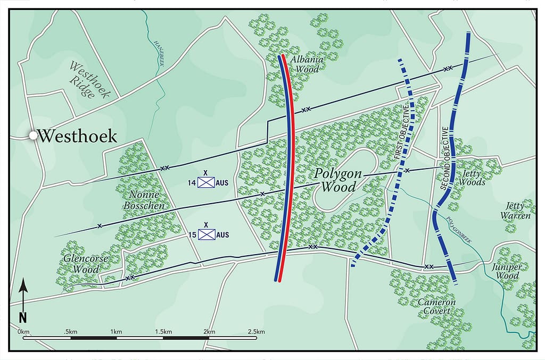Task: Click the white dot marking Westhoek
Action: (x=33, y=136)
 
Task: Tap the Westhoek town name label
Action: (x=78, y=136)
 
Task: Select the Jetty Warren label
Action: (x=515, y=211)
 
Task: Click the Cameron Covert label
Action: (x=437, y=307)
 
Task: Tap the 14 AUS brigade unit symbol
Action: (x=206, y=182)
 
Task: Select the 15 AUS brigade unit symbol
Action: (x=206, y=234)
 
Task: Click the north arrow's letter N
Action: (x=23, y=317)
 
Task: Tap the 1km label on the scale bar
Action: (x=113, y=332)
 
